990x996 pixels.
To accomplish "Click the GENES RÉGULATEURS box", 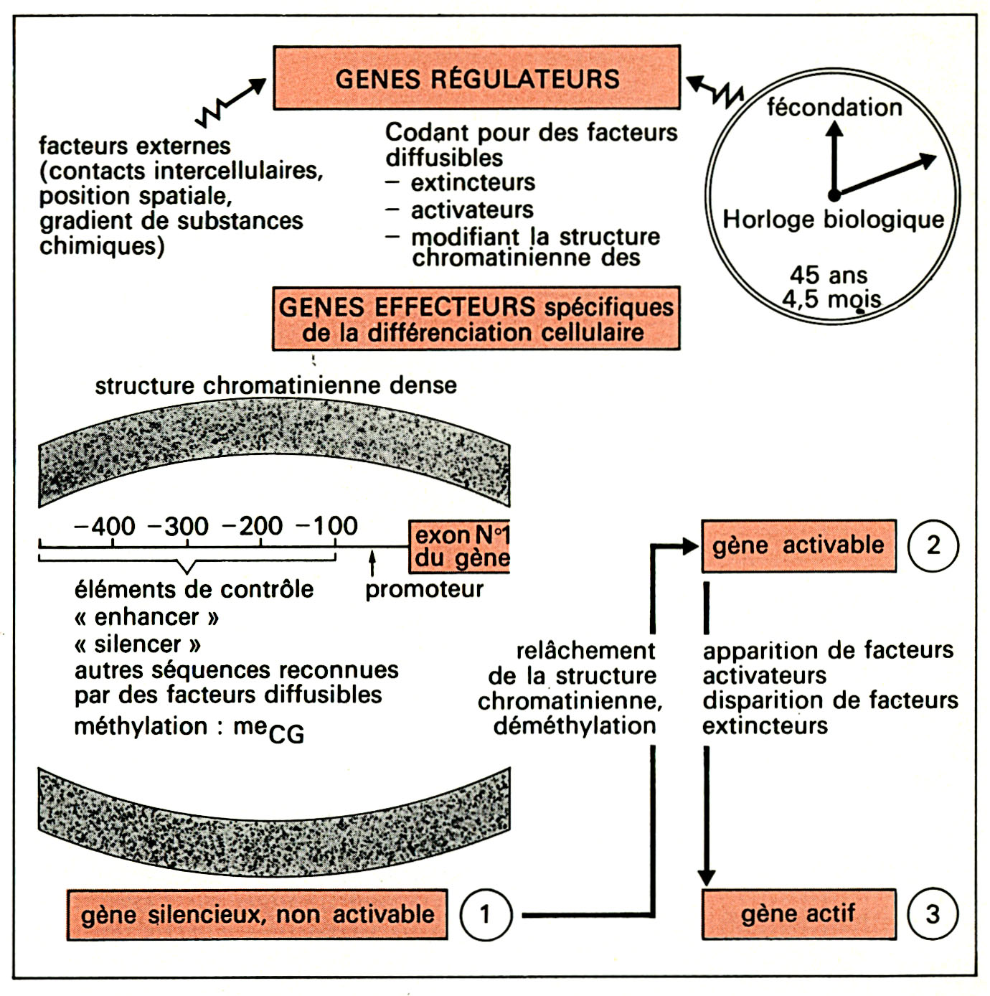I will click(x=476, y=77).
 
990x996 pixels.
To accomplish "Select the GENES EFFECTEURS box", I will click(x=476, y=319).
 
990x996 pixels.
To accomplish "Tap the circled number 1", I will click(x=486, y=914).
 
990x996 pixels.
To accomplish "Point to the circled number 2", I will click(x=933, y=545).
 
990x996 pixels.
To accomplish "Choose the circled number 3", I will click(x=933, y=914).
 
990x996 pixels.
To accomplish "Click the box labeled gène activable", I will click(x=798, y=545).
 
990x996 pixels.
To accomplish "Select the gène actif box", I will click(x=798, y=914).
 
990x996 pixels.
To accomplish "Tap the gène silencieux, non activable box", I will click(x=257, y=914).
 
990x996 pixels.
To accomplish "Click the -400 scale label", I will click(x=105, y=526).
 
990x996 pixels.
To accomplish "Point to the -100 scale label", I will click(x=327, y=526).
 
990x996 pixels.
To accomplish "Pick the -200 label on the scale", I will click(x=253, y=526).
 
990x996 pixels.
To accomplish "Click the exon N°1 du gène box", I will click(x=460, y=547).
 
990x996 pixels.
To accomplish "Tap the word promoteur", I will click(x=424, y=590).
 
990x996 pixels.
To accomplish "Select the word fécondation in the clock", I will click(x=834, y=108).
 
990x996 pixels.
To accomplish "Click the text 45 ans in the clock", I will click(x=829, y=275).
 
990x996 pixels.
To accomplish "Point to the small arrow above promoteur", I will click(x=372, y=563).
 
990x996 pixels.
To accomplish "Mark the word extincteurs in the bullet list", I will click(x=473, y=183).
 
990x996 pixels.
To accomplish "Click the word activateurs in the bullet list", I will click(x=472, y=210).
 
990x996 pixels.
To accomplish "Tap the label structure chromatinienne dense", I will click(x=275, y=385).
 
